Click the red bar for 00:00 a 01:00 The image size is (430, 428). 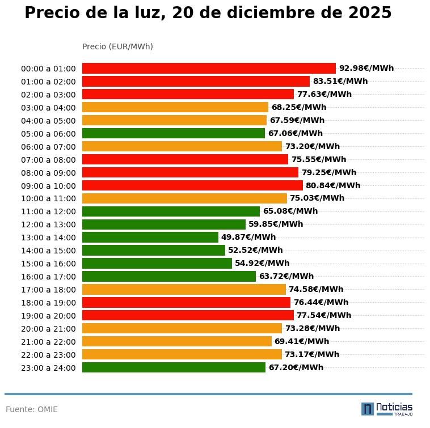click(209, 68)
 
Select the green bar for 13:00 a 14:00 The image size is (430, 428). click(150, 238)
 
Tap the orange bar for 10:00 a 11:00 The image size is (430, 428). click(184, 198)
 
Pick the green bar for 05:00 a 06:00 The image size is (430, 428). click(174, 134)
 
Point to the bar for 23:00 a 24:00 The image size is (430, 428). click(174, 367)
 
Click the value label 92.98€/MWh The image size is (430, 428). click(366, 68)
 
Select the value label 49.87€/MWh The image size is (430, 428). click(248, 238)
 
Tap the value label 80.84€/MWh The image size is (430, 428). click(333, 185)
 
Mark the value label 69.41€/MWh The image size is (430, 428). click(302, 342)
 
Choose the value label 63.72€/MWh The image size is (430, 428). click(286, 277)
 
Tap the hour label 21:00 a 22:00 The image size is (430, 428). click(48, 342)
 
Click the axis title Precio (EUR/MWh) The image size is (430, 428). click(117, 46)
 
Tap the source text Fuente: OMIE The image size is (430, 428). click(32, 409)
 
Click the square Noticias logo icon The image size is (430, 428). click(368, 409)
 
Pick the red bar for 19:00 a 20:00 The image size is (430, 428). click(188, 315)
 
